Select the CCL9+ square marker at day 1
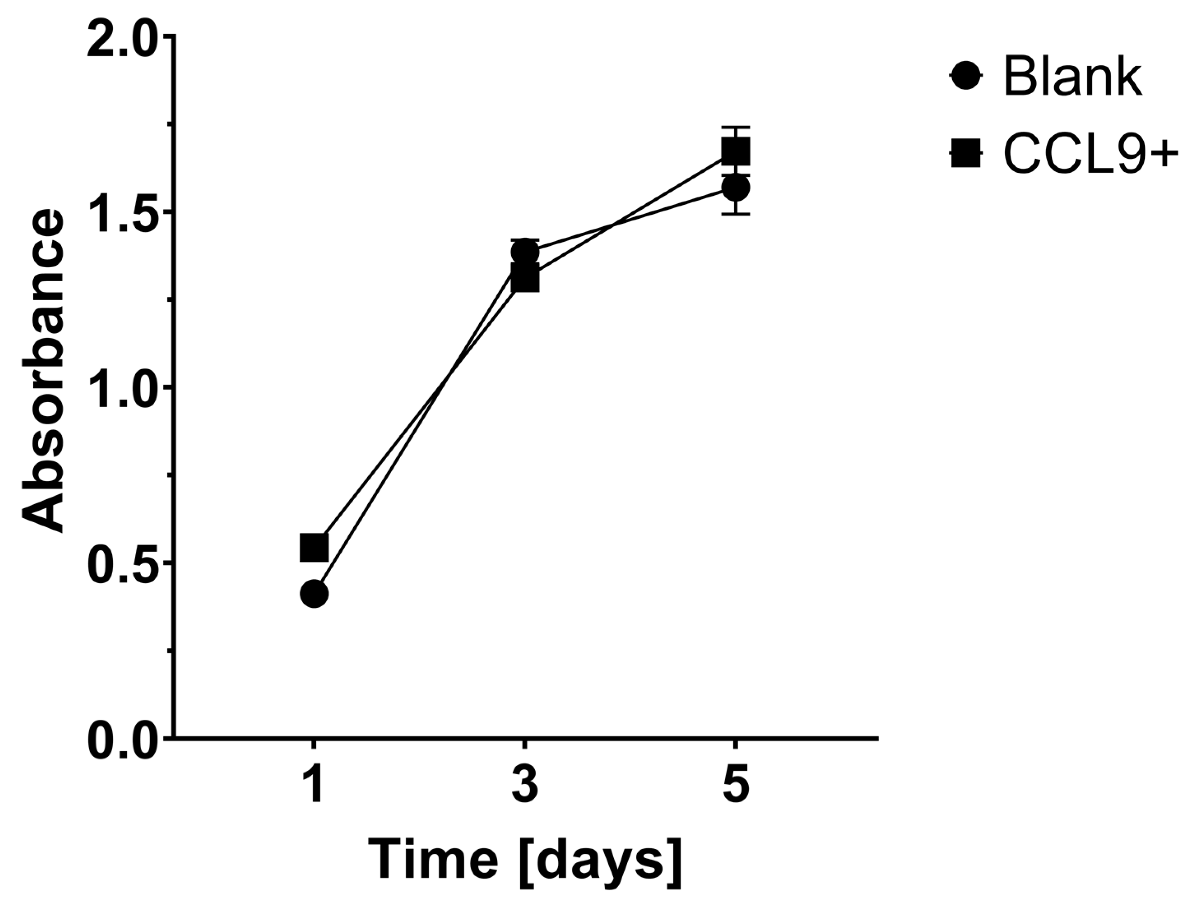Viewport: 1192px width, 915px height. point(314,547)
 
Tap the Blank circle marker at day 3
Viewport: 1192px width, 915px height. point(524,252)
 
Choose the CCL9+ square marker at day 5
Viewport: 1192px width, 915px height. point(735,152)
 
